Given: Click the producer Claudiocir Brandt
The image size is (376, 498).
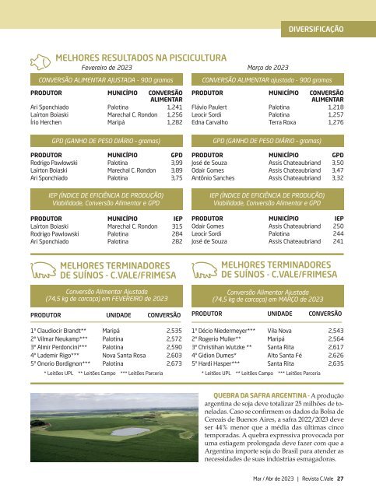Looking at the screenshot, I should (57, 331).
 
